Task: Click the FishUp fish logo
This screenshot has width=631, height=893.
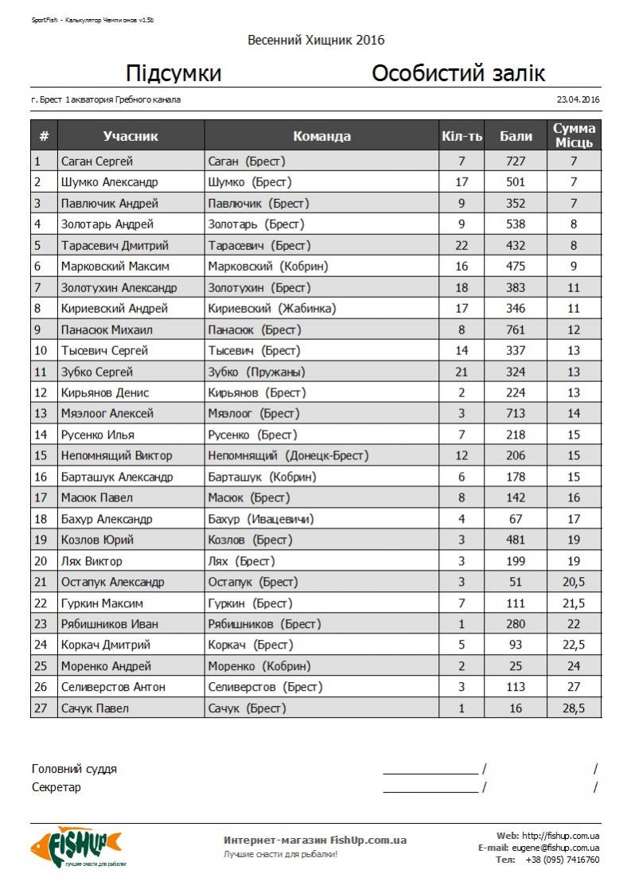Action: tap(76, 845)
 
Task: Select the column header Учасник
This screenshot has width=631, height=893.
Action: tap(130, 136)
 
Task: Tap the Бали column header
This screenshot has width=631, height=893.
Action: tap(516, 136)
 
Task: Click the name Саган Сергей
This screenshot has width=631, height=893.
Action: tap(97, 162)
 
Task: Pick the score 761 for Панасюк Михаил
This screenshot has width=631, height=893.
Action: tap(516, 330)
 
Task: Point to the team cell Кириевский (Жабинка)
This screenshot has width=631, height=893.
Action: tap(271, 309)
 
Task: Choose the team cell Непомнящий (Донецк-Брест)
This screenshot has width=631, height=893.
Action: tap(288, 456)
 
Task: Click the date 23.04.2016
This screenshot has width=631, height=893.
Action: tap(578, 99)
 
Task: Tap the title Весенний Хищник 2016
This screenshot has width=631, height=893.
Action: tap(316, 40)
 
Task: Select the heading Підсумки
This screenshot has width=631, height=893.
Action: tap(173, 74)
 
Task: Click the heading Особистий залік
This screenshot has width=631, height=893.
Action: tap(458, 74)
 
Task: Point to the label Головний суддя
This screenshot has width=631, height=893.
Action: tap(74, 769)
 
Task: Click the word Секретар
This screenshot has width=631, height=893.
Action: tap(56, 787)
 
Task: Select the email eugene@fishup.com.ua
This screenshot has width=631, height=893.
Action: tap(555, 848)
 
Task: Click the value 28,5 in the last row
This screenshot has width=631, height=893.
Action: tap(574, 708)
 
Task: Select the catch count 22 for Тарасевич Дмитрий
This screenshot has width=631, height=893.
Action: tap(462, 246)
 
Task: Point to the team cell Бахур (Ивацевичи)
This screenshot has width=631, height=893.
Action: tap(260, 519)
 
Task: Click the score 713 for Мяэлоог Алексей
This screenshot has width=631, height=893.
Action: tap(516, 414)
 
